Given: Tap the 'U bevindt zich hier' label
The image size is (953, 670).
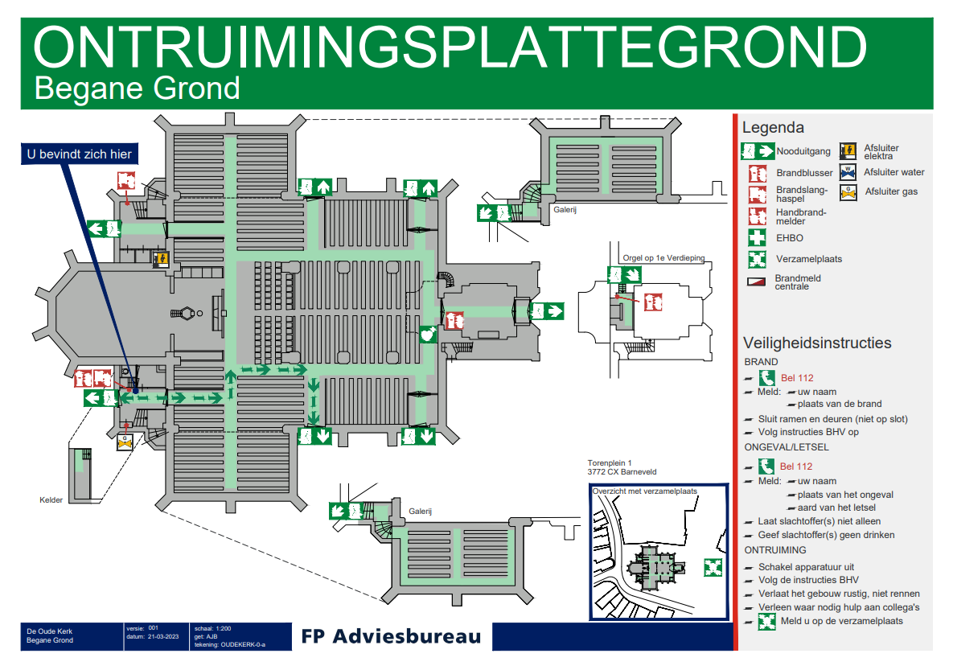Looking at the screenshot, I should coord(79,154).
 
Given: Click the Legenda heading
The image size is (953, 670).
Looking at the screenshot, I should coord(773,127).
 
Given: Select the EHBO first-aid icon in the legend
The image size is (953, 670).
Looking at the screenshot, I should coord(757,237).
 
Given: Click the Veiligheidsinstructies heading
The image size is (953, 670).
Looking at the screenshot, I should coord(817,343).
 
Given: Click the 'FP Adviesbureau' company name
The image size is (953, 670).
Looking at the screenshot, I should coord(391,636).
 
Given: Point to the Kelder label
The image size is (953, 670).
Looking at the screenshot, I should coord(51,500).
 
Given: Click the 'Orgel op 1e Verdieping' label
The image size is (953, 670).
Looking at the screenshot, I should coord(663,258).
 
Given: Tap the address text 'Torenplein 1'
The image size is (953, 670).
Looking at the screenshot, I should coord(610,463).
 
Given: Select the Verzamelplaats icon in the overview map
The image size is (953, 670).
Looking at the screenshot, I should coord(713,567).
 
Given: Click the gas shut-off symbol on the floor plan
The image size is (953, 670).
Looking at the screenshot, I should coord(125,441).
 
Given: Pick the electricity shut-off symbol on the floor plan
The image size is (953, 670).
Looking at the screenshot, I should coord(160,258).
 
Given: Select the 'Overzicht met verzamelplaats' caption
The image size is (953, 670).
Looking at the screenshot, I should coord(644,491).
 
